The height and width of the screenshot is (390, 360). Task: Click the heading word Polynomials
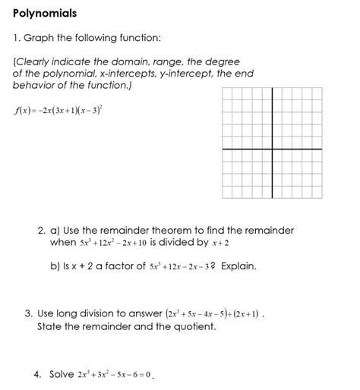click(45, 14)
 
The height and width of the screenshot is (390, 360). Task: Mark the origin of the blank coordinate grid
click(268, 149)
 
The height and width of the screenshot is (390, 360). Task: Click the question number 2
click(40, 231)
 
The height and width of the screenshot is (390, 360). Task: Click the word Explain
click(238, 266)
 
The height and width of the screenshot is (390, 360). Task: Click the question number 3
click(28, 313)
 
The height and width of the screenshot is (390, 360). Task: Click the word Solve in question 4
click(62, 374)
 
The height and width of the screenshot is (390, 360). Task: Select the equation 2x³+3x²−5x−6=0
click(115, 375)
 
